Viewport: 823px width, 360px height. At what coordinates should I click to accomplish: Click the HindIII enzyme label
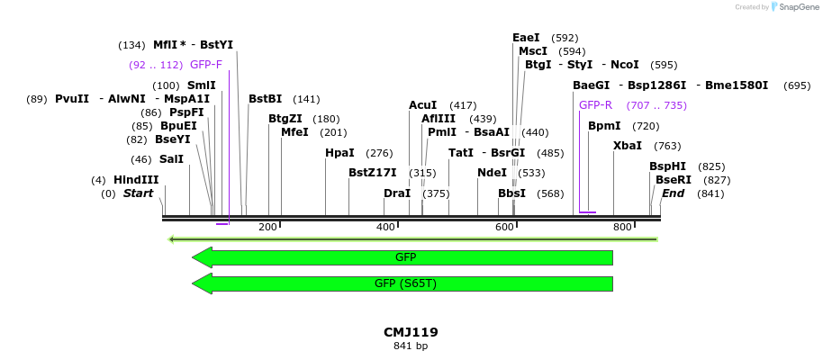pyautogui.click(x=136, y=180)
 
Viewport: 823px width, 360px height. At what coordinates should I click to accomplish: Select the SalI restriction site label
pyautogui.click(x=171, y=159)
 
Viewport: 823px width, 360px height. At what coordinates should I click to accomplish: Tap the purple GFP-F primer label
pyautogui.click(x=206, y=65)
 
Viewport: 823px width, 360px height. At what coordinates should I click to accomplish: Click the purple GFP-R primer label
pyautogui.click(x=595, y=105)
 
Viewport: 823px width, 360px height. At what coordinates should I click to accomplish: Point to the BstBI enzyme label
pyautogui.click(x=266, y=99)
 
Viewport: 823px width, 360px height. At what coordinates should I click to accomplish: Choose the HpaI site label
pyautogui.click(x=339, y=153)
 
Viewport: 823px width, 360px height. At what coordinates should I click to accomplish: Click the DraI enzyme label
pyautogui.click(x=397, y=193)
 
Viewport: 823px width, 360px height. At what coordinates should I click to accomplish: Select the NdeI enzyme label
pyautogui.click(x=492, y=173)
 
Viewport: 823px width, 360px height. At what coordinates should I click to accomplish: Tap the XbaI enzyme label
pyautogui.click(x=628, y=146)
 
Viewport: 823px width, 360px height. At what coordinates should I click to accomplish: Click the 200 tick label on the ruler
pyautogui.click(x=267, y=227)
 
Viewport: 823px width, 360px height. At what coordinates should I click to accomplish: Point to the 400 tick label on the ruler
pyautogui.click(x=385, y=227)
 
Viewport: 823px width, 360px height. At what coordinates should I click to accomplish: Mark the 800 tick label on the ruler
pyautogui.click(x=622, y=227)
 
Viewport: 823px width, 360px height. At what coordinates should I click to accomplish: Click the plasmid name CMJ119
pyautogui.click(x=411, y=332)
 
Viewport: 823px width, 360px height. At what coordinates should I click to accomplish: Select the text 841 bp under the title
pyautogui.click(x=411, y=346)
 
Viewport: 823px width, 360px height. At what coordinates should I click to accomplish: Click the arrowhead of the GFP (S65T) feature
pyautogui.click(x=202, y=283)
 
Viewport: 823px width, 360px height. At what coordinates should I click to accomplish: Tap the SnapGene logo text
pyautogui.click(x=795, y=7)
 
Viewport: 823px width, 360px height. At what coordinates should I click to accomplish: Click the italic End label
pyautogui.click(x=674, y=193)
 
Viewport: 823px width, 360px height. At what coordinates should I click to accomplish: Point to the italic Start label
pyautogui.click(x=139, y=193)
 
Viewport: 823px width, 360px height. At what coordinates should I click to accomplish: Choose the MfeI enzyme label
pyautogui.click(x=294, y=132)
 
